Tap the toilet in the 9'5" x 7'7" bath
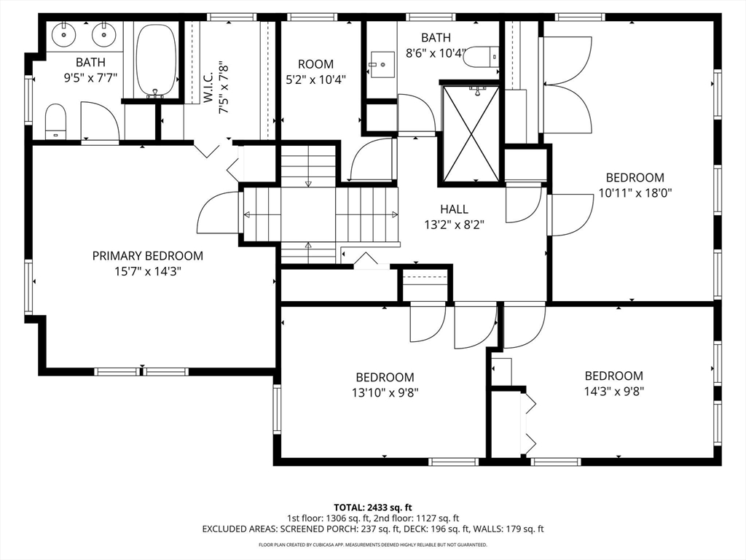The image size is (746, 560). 55,122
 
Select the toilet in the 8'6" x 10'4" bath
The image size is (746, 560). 481,57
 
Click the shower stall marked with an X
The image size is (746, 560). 471,134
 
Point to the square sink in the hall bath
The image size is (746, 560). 382,65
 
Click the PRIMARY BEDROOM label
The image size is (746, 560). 147,256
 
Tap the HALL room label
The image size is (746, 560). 454,209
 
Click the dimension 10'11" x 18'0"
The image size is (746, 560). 635,192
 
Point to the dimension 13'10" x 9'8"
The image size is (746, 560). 385,392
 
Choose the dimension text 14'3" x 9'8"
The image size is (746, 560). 614,391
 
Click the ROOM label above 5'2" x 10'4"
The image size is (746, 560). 316,64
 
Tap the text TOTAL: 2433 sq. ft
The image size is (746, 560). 372,507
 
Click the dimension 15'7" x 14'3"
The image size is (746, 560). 148,271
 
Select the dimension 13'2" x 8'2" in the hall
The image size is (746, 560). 455,225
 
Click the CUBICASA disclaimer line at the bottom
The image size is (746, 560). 373,545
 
